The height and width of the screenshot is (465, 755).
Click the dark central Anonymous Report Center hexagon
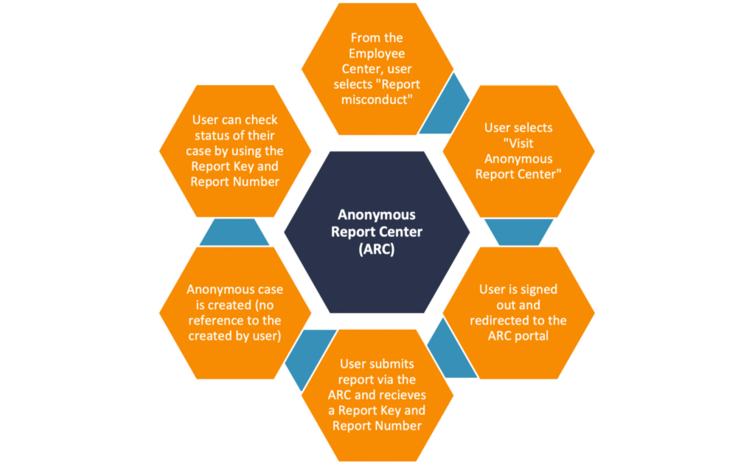pyautogui.click(x=377, y=231)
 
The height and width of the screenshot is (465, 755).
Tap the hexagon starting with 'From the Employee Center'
pyautogui.click(x=377, y=69)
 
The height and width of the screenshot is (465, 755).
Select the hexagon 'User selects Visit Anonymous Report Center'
pyautogui.click(x=518, y=151)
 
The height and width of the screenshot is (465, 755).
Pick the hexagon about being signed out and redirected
pyautogui.click(x=518, y=311)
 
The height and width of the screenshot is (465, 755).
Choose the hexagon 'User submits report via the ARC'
pyautogui.click(x=377, y=394)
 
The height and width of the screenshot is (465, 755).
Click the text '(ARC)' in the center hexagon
pyautogui.click(x=377, y=249)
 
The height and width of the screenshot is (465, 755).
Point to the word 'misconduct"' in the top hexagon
pyautogui.click(x=377, y=100)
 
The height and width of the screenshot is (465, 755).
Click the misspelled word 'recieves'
pyautogui.click(x=404, y=395)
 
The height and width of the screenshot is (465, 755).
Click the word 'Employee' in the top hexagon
pyautogui.click(x=377, y=53)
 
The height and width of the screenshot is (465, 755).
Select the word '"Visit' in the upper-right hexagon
pyautogui.click(x=518, y=143)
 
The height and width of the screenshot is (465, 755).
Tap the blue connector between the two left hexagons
pyautogui.click(x=240, y=231)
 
